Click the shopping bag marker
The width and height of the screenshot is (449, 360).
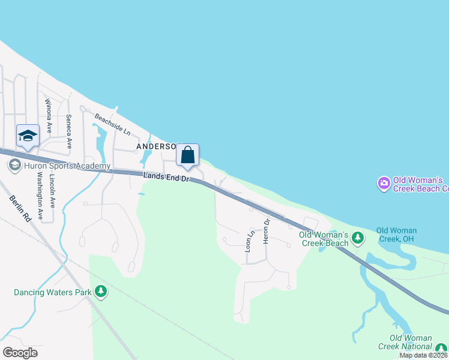[x=187, y=155]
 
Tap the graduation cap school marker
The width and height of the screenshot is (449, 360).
[x=28, y=137]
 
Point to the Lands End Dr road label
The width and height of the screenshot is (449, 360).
[x=167, y=176]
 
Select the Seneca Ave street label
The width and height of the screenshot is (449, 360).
[x=69, y=131]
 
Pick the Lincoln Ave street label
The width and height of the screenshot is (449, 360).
[x=53, y=191]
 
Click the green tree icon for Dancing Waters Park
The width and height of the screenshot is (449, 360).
[x=101, y=292]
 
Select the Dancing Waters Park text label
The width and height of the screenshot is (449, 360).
[x=53, y=293]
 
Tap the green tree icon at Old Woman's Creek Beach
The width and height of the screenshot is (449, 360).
[x=358, y=238]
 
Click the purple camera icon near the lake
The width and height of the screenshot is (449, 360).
[x=383, y=183]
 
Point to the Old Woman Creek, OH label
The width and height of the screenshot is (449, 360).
[x=396, y=235]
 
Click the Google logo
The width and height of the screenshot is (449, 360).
[x=20, y=352]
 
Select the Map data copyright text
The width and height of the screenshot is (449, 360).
[x=424, y=355]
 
